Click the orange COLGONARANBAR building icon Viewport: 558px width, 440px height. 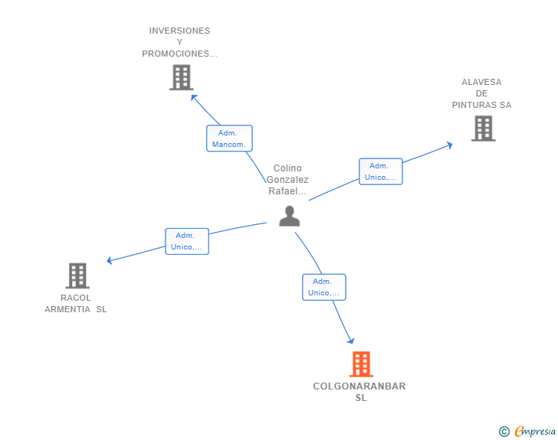click(361, 364)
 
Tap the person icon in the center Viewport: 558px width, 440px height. click(289, 217)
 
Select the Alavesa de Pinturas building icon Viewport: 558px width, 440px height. click(483, 129)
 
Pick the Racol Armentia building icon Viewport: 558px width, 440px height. click(77, 275)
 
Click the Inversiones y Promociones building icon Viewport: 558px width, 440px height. click(181, 77)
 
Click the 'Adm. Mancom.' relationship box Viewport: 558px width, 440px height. click(229, 139)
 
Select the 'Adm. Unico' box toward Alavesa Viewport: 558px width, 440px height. click(381, 171)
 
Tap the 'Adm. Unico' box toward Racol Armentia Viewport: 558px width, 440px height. click(187, 241)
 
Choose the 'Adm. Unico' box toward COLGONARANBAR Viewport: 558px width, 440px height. click(323, 287)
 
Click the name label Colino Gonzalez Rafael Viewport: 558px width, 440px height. click(287, 180)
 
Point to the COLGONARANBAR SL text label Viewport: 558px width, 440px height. click(359, 392)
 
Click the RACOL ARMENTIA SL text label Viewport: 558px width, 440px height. click(76, 304)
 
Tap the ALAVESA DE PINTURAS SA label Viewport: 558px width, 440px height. click(481, 93)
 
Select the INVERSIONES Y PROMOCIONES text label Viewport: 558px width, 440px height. click(179, 42)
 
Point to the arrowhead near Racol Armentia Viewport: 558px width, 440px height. click(110, 261)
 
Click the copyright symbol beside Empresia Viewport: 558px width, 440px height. click(504, 432)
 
